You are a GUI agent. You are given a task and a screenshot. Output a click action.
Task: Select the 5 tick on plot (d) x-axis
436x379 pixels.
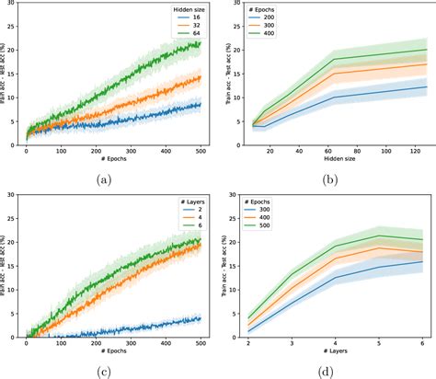378,341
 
